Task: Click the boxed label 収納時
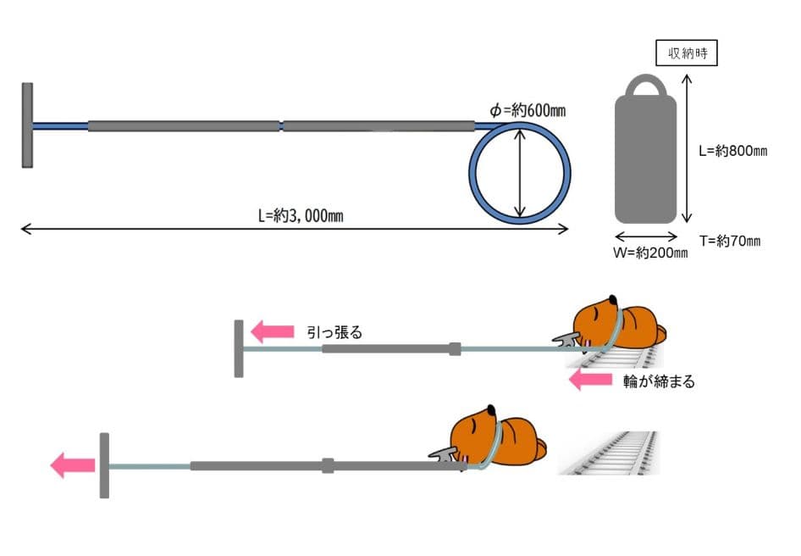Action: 686,53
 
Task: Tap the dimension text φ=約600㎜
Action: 528,110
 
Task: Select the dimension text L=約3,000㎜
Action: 301,215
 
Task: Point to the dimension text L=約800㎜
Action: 733,150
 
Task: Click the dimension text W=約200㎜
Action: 650,253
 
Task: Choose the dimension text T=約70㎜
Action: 730,241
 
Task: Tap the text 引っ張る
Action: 334,332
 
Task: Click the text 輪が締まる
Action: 659,381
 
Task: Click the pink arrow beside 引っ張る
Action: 273,331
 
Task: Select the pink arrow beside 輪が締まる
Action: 590,380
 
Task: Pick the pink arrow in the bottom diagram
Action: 73,465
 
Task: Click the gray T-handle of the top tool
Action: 28,125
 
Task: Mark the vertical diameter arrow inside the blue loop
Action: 520,174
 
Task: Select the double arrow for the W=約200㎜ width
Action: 646,236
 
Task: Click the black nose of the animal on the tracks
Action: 612,300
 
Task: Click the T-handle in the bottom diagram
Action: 104,465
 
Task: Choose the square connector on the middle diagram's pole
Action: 455,349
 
